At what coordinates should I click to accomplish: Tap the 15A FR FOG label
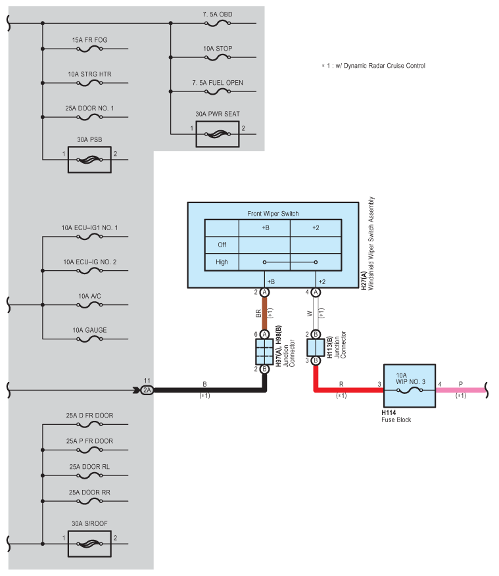pos(90,40)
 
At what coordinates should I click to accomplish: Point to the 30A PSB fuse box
pos(90,159)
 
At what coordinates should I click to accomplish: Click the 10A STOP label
pos(217,49)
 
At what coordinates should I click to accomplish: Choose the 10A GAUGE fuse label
pos(90,329)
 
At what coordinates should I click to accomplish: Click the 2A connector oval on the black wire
pos(147,390)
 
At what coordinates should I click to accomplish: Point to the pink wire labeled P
pos(460,390)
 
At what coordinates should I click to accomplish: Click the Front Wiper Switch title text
pos(273,214)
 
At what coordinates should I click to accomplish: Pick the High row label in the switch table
pos(222,262)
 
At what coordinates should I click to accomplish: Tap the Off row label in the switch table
pos(222,245)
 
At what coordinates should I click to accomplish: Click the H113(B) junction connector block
pos(316,347)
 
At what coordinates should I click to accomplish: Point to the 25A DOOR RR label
pos(90,492)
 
